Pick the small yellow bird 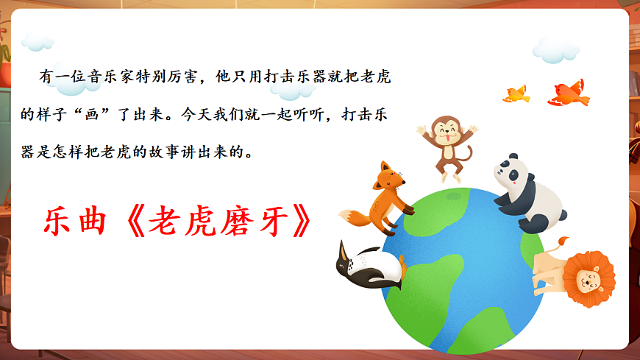[516, 93]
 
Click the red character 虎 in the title [207, 221]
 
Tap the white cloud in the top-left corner [37, 40]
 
